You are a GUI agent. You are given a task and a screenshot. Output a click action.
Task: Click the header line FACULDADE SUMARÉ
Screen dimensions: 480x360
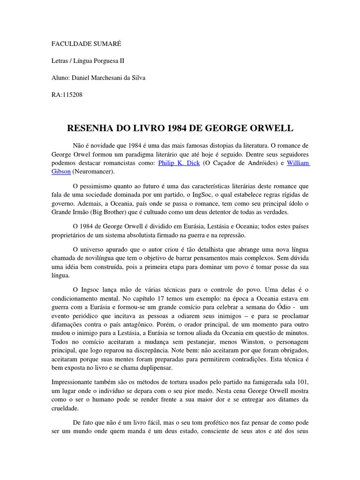(86, 44)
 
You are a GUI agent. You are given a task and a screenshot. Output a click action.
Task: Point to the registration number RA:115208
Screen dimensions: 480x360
(67, 95)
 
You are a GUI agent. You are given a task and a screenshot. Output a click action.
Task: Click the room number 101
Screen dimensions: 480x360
(303, 382)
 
